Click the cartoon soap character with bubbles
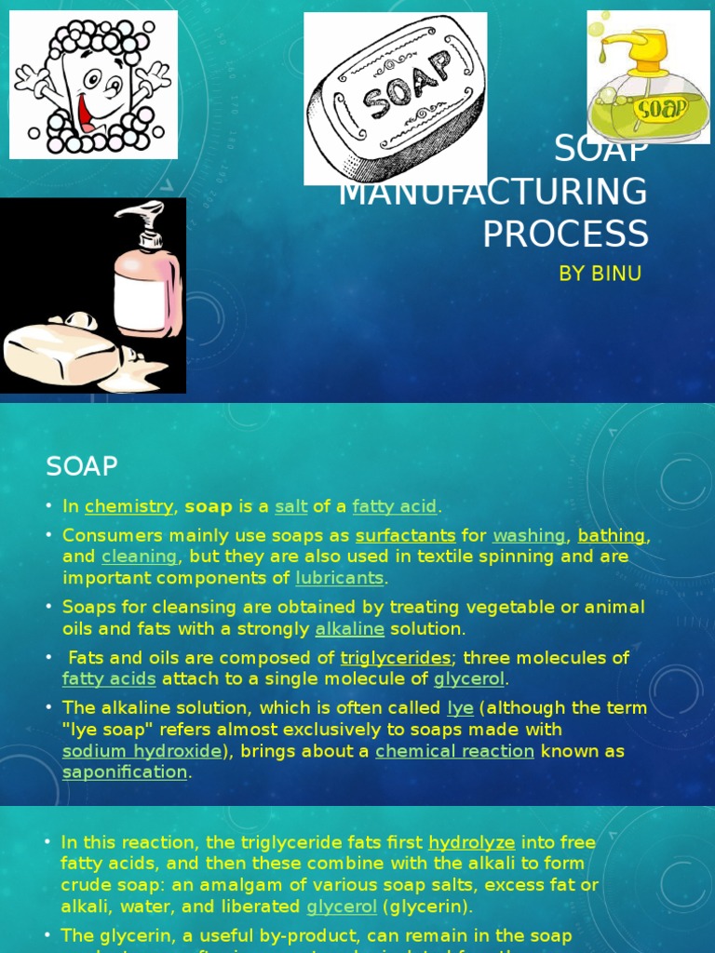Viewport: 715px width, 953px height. [93, 84]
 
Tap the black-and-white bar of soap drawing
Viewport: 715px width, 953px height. [396, 98]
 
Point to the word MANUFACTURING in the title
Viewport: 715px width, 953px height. [492, 193]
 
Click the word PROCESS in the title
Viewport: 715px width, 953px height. [565, 234]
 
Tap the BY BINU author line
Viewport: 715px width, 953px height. [600, 274]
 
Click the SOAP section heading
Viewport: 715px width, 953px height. [82, 464]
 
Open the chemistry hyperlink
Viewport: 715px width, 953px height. [128, 507]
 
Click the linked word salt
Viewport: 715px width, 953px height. [291, 507]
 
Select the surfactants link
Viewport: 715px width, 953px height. [405, 536]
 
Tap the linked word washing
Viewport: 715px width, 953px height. [529, 536]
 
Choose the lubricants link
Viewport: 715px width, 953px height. [339, 578]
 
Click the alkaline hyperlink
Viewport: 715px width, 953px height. [350, 629]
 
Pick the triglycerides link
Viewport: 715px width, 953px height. [396, 659]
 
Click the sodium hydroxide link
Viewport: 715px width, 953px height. [142, 751]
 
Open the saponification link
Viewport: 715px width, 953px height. [125, 772]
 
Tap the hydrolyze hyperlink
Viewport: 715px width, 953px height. [471, 842]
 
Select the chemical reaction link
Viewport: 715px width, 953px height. [454, 751]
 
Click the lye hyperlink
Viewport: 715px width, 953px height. [460, 708]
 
